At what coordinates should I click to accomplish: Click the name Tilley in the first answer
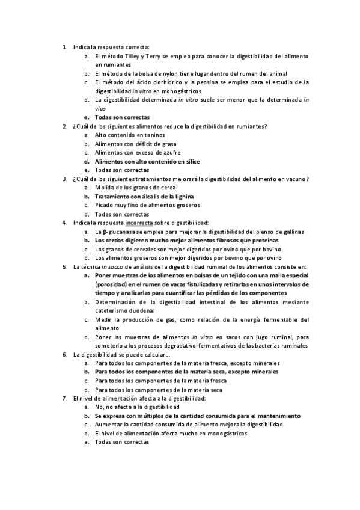coord(141,55)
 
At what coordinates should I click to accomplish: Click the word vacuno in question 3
coord(296,179)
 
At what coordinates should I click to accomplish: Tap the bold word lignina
coord(180,196)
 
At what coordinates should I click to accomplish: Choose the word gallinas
coord(291,232)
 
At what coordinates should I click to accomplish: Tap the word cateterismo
coord(114,310)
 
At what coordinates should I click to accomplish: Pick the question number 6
coord(64,354)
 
